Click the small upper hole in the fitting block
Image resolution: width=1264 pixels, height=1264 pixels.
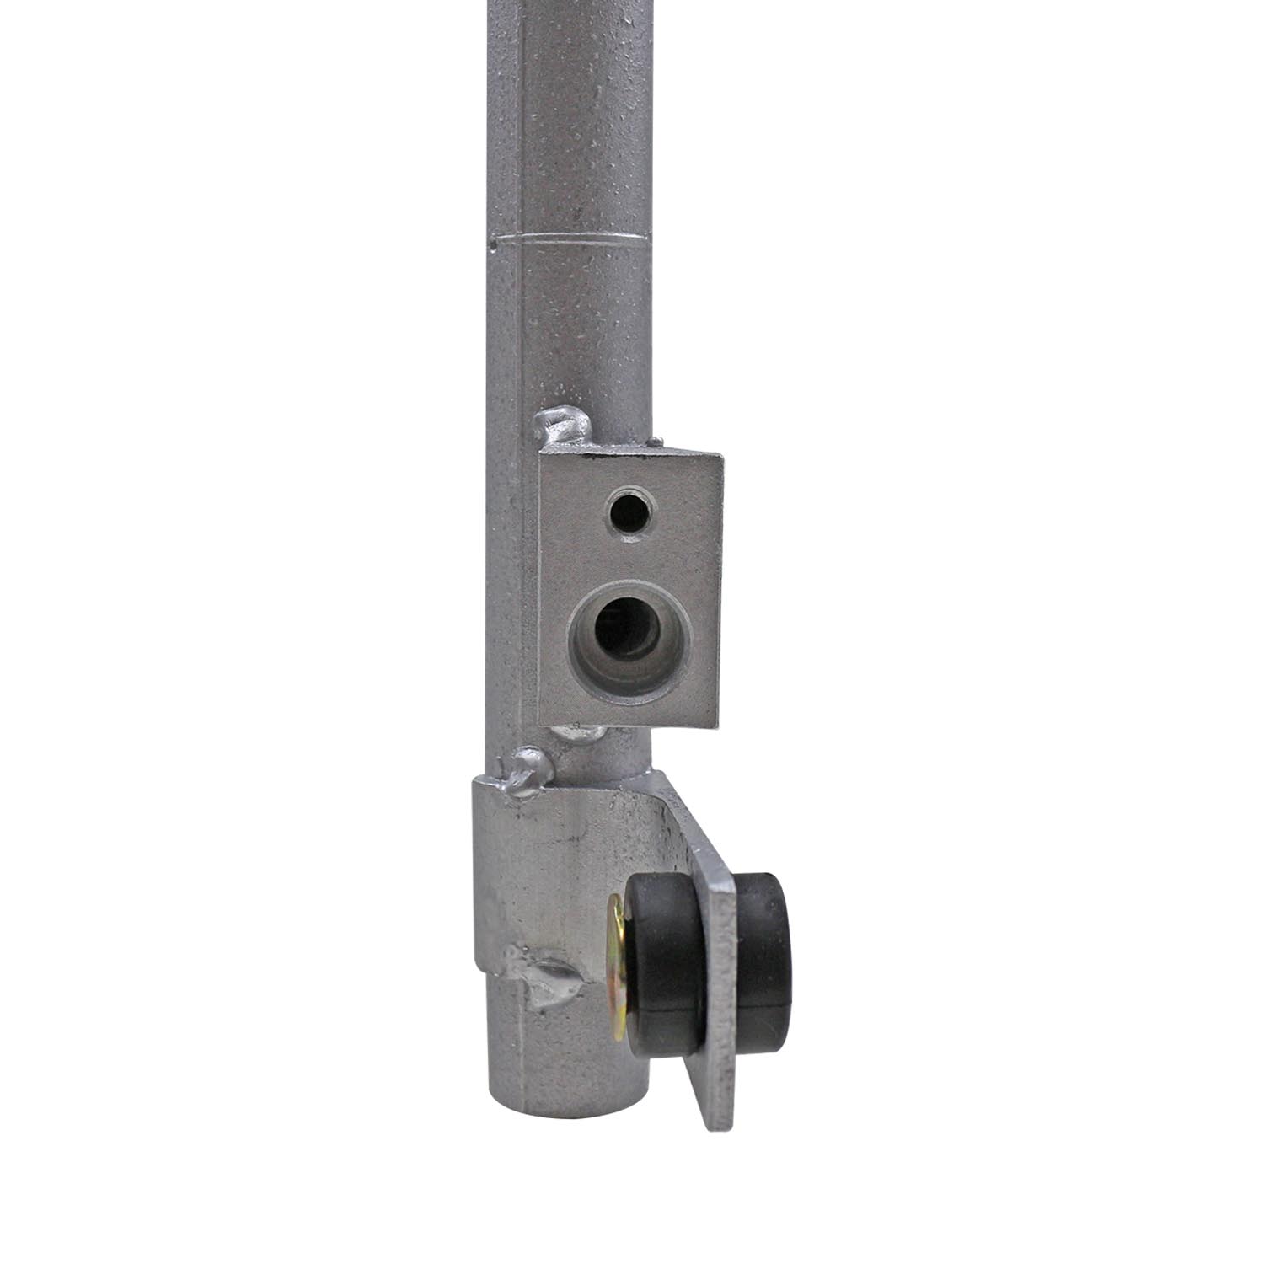628,509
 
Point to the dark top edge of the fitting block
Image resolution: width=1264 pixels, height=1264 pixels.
632,455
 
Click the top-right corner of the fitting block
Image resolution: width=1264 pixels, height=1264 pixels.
721,456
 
